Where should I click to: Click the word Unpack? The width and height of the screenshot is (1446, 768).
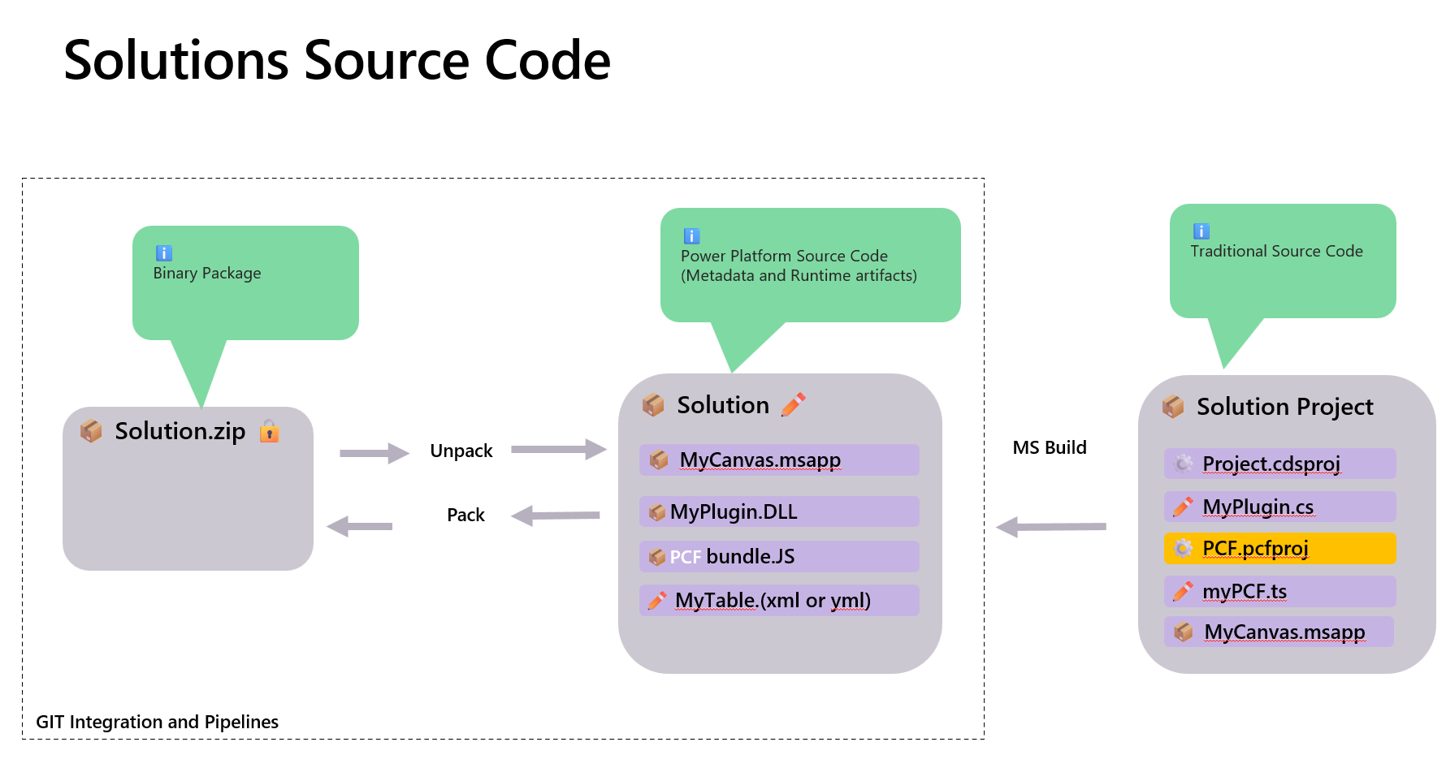461,451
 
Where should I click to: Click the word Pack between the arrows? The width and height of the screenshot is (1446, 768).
465,515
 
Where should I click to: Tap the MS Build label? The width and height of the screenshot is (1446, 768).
1049,447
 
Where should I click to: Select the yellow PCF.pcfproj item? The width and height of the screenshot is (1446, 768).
1279,549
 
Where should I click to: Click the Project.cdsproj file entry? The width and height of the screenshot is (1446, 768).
1279,464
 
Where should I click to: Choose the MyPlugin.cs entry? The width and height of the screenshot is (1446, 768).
1279,507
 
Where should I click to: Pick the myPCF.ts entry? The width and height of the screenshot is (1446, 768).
1279,591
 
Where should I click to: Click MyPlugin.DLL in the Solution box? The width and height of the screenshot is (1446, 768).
778,511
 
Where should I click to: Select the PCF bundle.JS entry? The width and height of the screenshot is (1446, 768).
778,556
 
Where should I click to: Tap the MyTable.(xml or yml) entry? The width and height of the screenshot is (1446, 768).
778,600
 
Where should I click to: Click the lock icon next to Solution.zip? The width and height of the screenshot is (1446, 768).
269,431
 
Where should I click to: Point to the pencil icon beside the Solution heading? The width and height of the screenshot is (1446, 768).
793,404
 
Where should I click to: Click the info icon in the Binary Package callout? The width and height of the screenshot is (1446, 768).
163,253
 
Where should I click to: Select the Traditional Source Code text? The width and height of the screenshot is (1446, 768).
1276,252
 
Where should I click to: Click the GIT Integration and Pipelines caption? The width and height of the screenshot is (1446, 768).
157,722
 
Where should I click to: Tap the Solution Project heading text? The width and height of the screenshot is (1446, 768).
1284,407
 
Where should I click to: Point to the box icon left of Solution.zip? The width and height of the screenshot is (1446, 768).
91,430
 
